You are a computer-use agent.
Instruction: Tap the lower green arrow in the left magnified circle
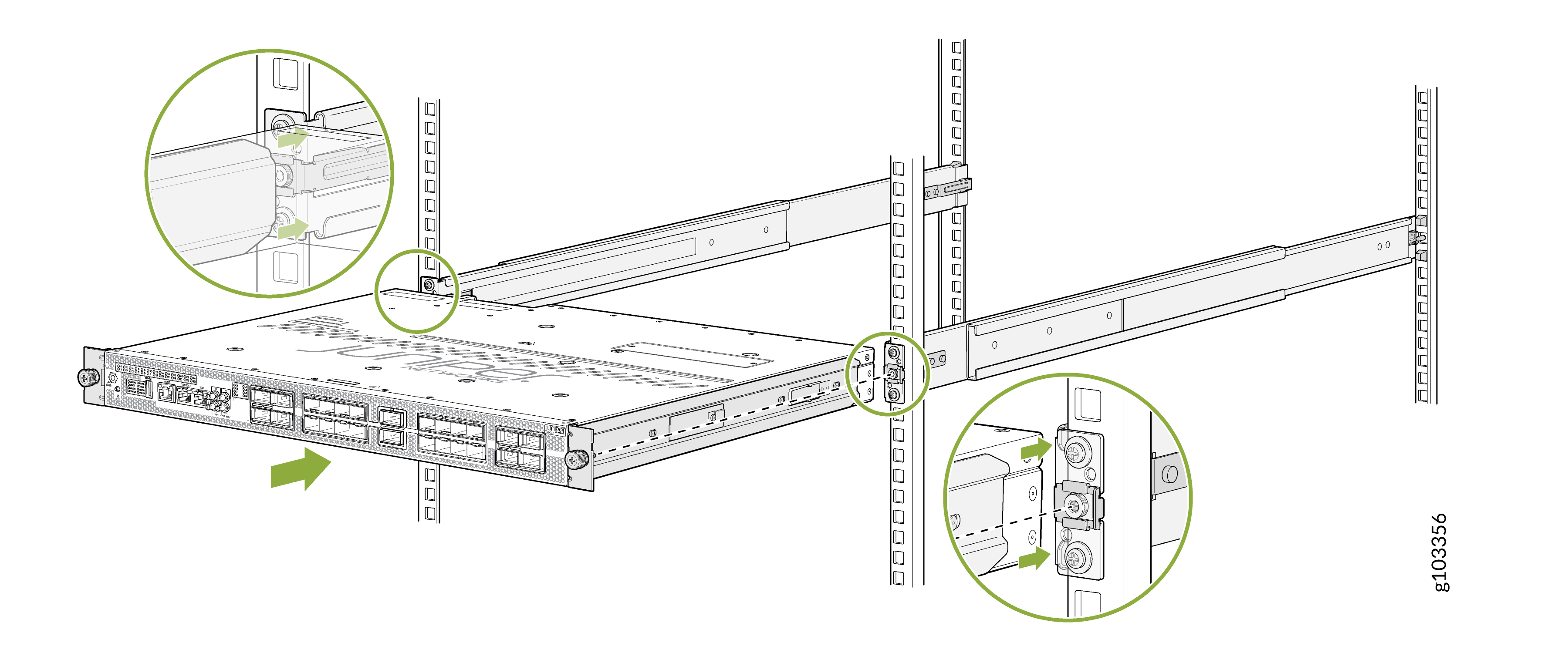click(x=293, y=229)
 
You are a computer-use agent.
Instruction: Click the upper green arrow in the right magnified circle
click(x=1035, y=450)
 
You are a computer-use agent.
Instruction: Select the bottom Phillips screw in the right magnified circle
click(x=1075, y=558)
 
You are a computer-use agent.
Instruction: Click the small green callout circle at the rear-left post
click(x=416, y=291)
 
